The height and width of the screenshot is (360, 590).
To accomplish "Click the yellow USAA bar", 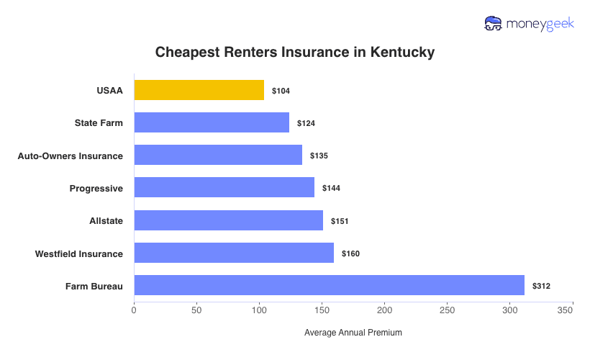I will pos(199,90).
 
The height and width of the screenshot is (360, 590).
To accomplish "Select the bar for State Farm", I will pos(212,122).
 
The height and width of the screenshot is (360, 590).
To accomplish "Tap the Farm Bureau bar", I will pos(330,286).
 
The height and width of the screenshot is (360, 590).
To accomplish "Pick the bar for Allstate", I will pos(229,220).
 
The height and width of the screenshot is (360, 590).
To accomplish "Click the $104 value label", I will pos(281,91).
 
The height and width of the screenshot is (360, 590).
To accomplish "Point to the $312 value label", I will pos(541,286).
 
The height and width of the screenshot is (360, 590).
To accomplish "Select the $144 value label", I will pos(331,188).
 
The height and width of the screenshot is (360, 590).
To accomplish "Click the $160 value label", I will pos(350,253).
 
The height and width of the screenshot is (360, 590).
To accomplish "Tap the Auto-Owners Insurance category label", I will pos(70,156).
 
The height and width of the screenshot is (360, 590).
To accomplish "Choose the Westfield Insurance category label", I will pos(79,253).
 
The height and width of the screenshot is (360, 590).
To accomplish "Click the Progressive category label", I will pos(96,188).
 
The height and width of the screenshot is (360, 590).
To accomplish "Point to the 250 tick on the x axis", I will pos(448,310).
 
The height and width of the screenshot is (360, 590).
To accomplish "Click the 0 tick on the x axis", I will pos(134,310).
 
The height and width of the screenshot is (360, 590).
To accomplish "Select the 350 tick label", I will pos(565,310).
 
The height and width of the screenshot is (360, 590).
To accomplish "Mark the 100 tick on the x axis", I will pos(259,310).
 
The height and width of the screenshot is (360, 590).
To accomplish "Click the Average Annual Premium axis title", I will pos(353,333).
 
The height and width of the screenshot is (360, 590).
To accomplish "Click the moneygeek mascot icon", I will pos(494,24).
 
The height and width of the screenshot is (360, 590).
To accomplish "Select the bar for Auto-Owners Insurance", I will pos(218,155).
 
